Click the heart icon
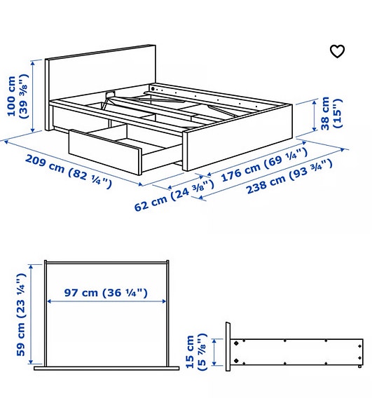337,51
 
